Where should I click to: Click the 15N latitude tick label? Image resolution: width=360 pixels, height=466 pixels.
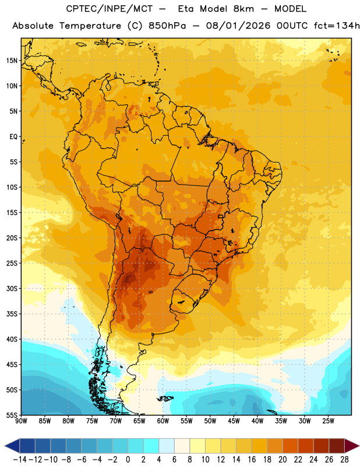click(x=12, y=61)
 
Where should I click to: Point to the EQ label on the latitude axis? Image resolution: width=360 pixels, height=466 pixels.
click(x=13, y=137)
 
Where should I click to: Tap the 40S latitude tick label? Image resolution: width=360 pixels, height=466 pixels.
click(x=12, y=339)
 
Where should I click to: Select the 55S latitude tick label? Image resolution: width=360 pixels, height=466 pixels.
click(x=12, y=415)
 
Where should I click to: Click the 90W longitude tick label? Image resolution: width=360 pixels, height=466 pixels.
click(x=21, y=421)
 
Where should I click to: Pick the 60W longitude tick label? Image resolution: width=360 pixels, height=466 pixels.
click(x=163, y=421)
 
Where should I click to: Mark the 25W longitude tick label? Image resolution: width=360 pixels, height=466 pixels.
click(x=328, y=421)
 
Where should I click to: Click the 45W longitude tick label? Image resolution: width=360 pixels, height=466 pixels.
click(x=234, y=421)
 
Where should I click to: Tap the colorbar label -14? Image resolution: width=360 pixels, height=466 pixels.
click(x=20, y=460)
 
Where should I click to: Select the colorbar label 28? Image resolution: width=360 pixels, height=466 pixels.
click(x=344, y=460)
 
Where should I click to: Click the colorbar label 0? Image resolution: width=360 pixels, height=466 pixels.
click(x=128, y=460)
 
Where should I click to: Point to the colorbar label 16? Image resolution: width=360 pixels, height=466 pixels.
click(x=252, y=460)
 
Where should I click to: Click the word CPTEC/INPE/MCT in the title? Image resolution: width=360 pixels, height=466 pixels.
click(x=110, y=9)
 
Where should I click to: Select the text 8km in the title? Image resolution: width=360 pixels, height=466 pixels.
click(x=243, y=9)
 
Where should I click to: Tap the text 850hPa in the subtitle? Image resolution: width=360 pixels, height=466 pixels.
click(x=167, y=26)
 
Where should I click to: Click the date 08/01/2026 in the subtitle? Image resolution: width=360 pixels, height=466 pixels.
click(x=238, y=26)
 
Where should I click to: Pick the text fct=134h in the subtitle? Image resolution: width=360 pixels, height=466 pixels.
click(x=337, y=26)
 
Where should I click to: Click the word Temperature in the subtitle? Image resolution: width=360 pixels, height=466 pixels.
click(x=90, y=26)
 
